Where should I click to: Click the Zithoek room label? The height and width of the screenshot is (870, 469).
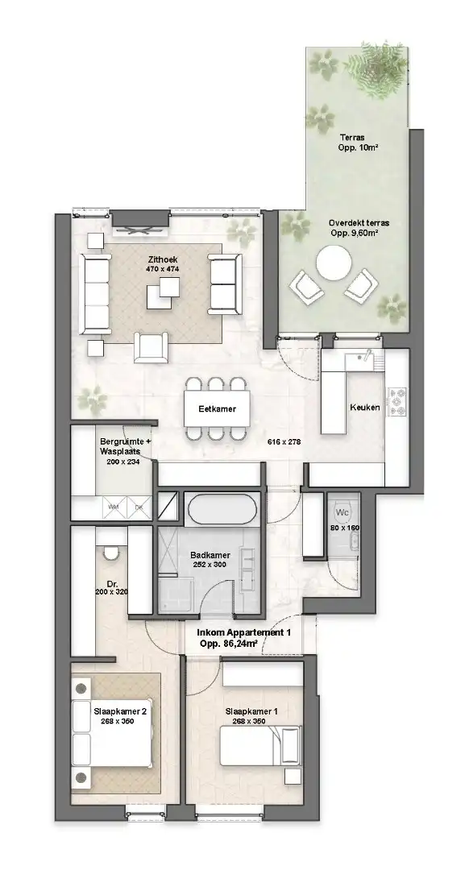(162, 259)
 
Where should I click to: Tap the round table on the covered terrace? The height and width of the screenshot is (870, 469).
(334, 263)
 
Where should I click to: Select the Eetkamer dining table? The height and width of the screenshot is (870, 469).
(217, 409)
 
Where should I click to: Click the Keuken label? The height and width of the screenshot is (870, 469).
(364, 408)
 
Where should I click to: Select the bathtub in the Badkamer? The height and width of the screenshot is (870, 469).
(222, 510)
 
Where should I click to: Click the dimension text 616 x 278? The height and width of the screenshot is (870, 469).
(284, 442)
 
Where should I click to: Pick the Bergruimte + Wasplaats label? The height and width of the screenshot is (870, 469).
(125, 447)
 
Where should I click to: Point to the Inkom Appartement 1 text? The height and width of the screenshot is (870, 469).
(243, 634)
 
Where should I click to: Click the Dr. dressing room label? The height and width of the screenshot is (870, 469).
(112, 586)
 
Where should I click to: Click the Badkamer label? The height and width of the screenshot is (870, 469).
(210, 555)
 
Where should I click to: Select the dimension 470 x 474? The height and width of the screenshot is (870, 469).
(162, 269)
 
